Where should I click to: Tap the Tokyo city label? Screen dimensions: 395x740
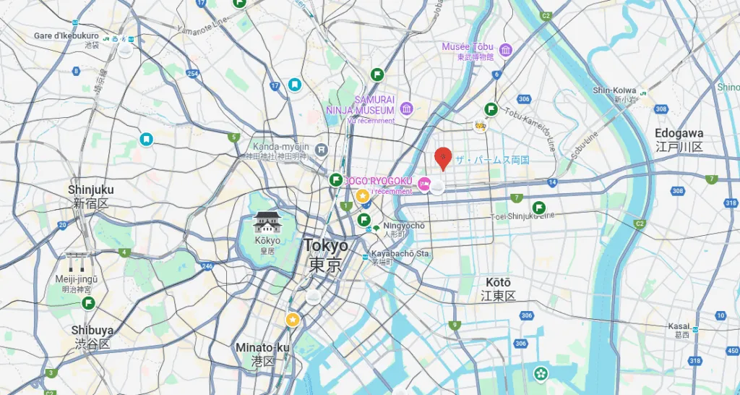tap(325, 246)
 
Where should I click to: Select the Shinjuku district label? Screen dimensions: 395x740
tap(91, 190)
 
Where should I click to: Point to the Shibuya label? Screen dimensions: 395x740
tap(92, 330)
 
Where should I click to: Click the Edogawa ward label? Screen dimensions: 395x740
tap(679, 134)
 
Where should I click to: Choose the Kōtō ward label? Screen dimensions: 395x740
tap(499, 282)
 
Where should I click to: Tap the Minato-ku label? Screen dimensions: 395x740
tap(262, 348)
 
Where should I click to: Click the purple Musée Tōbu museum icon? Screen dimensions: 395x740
tap(505, 50)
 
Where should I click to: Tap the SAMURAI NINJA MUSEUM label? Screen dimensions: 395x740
tap(374, 104)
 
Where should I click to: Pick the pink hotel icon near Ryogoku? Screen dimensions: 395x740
tap(424, 184)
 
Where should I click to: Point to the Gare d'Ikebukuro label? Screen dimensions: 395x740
tap(66, 35)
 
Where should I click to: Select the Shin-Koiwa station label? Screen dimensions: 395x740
tap(615, 90)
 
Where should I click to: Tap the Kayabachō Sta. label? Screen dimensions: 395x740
tap(401, 254)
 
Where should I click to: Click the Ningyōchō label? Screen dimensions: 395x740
tap(404, 226)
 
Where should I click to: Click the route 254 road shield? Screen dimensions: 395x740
tap(192, 74)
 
